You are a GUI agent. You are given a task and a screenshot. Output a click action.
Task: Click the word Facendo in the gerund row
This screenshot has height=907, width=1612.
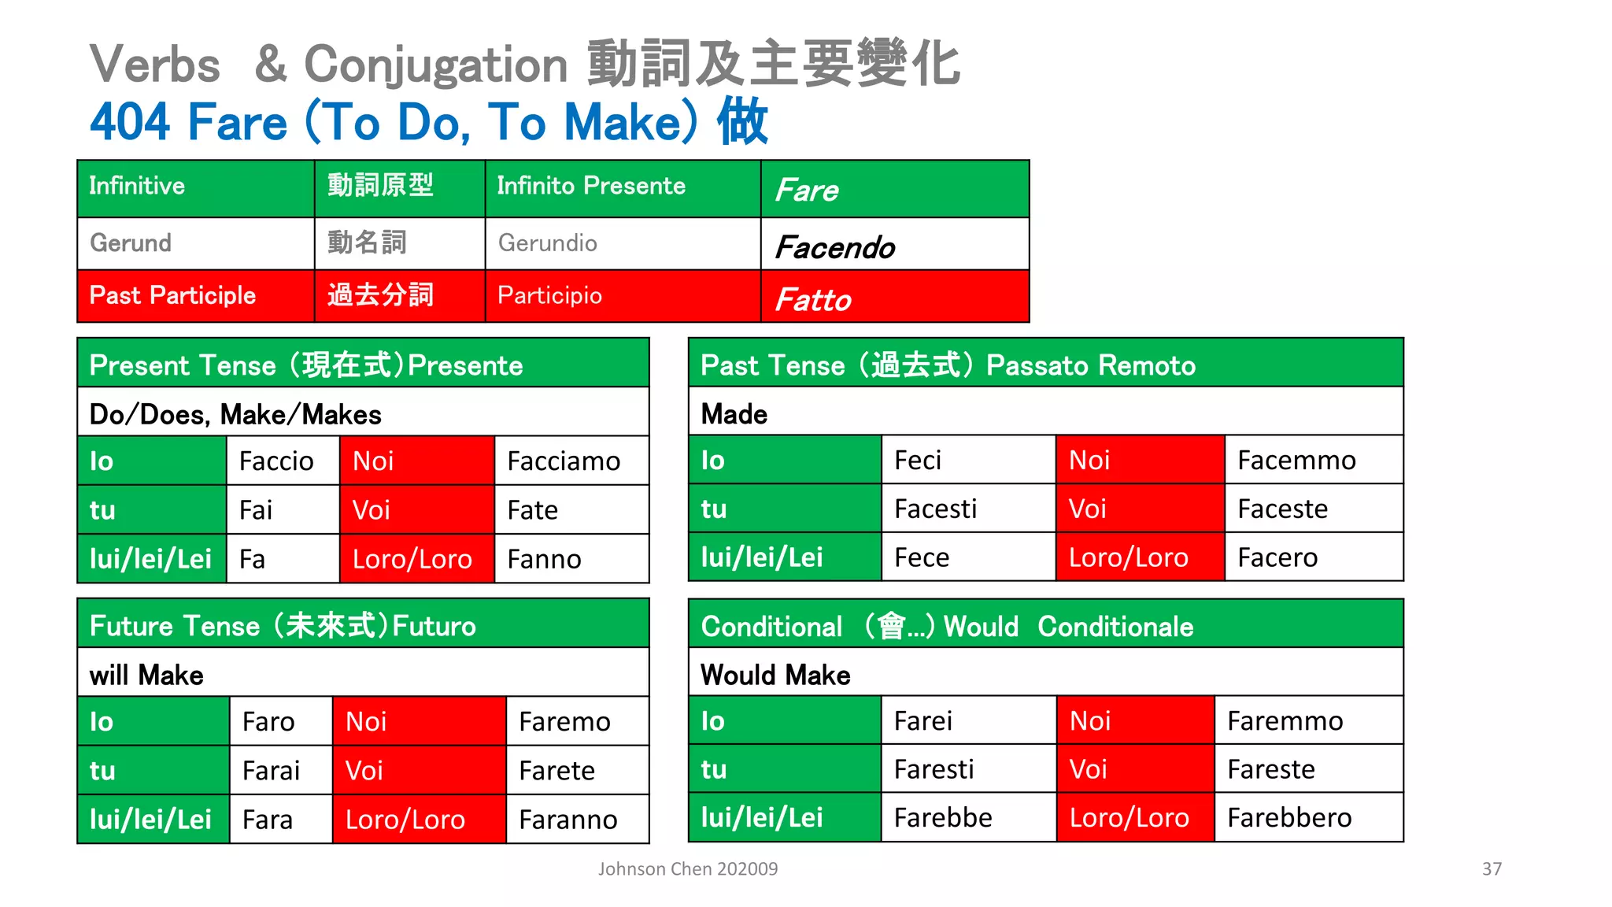tap(835, 247)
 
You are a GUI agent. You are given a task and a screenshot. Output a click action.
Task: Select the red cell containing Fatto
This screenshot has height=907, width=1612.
tap(894, 297)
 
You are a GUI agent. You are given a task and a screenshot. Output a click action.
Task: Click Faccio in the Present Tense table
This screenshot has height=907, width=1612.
tap(276, 461)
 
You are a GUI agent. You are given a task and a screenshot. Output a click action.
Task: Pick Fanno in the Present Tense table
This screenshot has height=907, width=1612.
tap(544, 559)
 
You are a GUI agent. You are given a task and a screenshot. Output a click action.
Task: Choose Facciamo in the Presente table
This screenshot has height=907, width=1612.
tap(564, 461)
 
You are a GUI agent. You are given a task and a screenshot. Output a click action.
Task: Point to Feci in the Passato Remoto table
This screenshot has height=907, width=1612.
tap(918, 460)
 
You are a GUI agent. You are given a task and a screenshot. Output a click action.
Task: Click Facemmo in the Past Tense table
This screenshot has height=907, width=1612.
tap(1296, 460)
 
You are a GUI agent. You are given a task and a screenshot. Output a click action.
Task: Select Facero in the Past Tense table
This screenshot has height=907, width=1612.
tap(1277, 557)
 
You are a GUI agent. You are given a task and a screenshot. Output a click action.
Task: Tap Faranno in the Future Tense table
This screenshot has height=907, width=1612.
tap(568, 820)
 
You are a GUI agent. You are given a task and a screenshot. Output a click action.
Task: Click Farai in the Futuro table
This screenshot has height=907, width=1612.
tap(271, 770)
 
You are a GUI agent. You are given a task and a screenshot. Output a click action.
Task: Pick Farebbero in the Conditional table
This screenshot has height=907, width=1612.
tap(1289, 818)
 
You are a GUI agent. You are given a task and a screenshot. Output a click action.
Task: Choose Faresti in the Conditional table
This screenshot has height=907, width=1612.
tap(934, 769)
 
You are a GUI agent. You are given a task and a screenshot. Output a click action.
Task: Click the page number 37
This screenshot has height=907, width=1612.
tap(1492, 869)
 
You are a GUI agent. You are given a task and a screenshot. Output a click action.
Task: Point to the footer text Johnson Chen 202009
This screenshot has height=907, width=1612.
tap(688, 869)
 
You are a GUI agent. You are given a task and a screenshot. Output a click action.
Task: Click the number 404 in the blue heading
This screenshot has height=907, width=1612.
tap(130, 122)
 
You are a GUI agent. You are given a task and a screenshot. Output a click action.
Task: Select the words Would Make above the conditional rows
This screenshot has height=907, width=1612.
tap(775, 675)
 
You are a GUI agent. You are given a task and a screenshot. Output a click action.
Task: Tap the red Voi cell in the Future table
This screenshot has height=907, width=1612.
tap(418, 770)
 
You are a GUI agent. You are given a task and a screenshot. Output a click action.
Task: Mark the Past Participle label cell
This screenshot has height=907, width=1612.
tap(195, 296)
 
